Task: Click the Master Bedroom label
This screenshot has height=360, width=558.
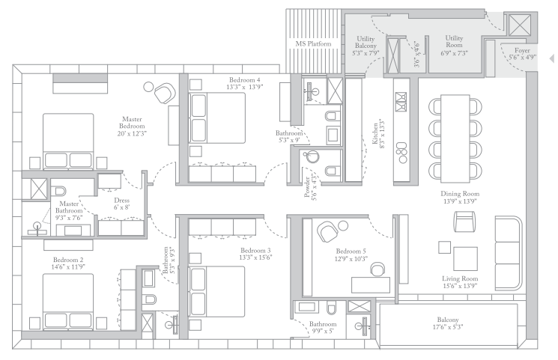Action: coord(132,126)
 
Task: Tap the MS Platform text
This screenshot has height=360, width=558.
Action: coord(313,43)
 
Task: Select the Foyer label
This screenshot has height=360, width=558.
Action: coord(522,53)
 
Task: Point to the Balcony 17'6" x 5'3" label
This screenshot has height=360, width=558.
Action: coord(448,323)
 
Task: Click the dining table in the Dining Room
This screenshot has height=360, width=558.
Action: coord(455,138)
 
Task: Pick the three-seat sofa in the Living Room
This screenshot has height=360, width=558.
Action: coord(508,253)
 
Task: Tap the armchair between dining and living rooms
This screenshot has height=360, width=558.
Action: coord(464,222)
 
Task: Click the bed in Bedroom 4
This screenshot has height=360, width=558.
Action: coord(216,118)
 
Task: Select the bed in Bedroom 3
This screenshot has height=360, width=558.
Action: coord(216,291)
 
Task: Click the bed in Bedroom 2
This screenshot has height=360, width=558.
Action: coord(68,302)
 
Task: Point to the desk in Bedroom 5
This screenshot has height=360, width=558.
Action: coord(371,285)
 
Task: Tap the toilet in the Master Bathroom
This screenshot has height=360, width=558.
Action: coord(58,191)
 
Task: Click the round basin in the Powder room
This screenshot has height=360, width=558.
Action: coord(311,156)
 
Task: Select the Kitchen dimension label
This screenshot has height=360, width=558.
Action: coord(379,133)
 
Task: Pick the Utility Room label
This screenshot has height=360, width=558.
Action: coord(454,45)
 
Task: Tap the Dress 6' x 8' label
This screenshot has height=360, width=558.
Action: coord(121,204)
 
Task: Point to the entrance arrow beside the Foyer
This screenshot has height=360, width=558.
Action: coord(551,58)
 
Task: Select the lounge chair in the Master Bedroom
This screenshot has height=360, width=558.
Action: coord(165,93)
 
